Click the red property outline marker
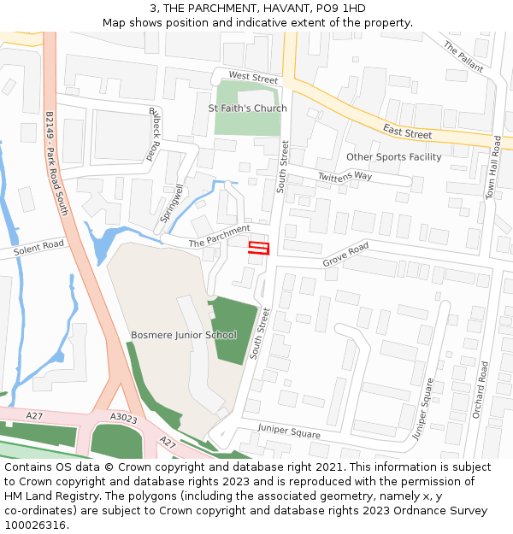[258, 249]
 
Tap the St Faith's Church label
[248, 109]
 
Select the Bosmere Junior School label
[184, 335]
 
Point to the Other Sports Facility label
[394, 157]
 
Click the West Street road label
[253, 78]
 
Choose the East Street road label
[407, 132]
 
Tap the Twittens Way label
[345, 175]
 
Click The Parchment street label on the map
[220, 236]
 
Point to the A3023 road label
[124, 418]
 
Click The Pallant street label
[463, 57]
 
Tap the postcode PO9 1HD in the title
[340, 9]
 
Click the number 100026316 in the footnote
[35, 525]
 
